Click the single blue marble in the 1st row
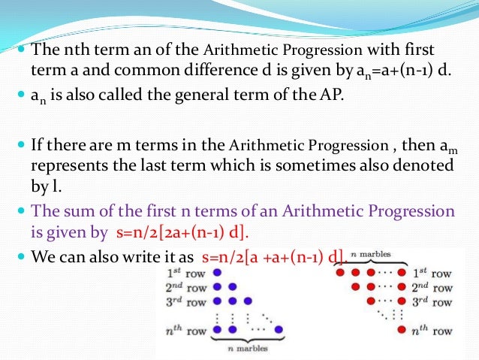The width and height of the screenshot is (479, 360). [x=216, y=271]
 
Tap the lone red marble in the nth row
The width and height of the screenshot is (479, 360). [x=402, y=331]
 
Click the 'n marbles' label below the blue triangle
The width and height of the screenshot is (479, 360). [x=247, y=349]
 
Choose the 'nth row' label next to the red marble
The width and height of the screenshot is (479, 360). [x=432, y=331]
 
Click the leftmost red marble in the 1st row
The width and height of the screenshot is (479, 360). [x=342, y=271]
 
